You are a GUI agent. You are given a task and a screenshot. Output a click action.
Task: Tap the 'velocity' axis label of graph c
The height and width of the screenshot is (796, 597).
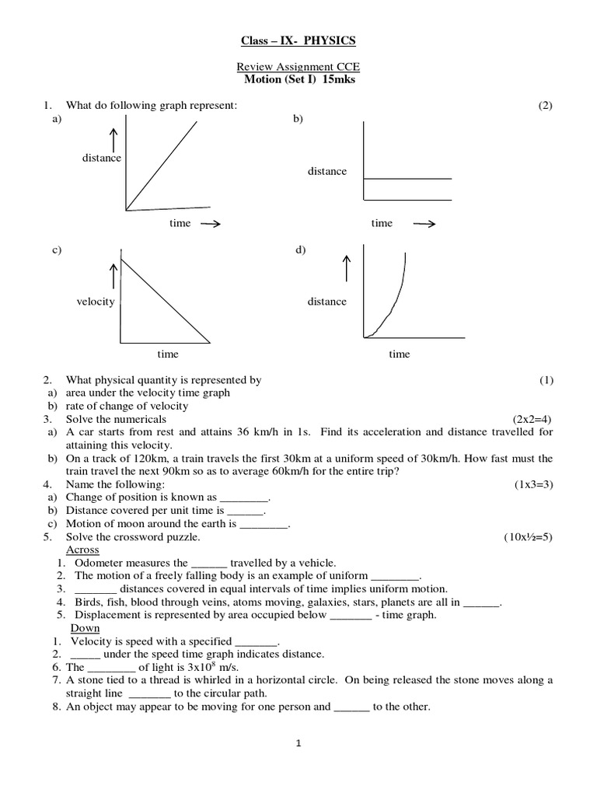pyautogui.click(x=96, y=302)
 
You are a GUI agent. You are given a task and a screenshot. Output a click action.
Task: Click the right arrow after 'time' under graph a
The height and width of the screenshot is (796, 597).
pyautogui.click(x=210, y=224)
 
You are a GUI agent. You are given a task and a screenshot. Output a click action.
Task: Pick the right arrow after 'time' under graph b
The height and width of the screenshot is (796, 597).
pyautogui.click(x=424, y=224)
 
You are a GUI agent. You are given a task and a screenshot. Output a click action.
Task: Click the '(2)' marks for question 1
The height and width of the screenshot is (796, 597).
pyautogui.click(x=545, y=106)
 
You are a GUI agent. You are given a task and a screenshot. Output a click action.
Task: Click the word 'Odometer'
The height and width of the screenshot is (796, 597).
pyautogui.click(x=98, y=563)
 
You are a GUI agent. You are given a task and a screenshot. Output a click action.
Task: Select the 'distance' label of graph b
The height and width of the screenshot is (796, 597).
pyautogui.click(x=327, y=171)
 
